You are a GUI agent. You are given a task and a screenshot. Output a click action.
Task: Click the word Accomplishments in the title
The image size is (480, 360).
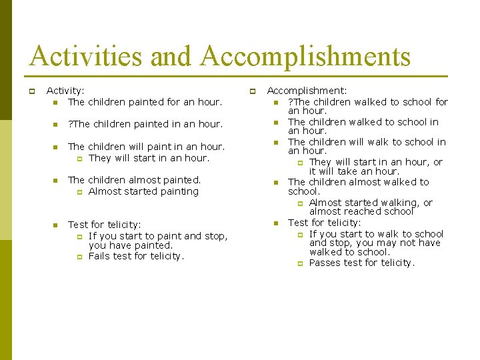(x=305, y=56)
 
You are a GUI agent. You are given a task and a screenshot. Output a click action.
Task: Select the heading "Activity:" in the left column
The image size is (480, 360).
(x=65, y=91)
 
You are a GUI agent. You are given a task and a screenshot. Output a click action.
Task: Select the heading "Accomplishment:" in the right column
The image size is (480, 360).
(x=307, y=91)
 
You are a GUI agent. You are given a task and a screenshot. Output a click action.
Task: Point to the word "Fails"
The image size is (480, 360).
(x=100, y=256)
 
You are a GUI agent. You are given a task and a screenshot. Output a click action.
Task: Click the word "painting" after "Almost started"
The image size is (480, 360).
(x=179, y=191)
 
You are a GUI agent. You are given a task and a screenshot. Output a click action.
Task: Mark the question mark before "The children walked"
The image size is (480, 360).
(x=290, y=102)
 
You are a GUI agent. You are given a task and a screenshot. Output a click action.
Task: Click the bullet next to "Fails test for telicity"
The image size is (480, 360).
(x=78, y=257)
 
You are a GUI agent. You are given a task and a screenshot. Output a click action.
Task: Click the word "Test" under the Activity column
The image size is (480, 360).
(x=77, y=225)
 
